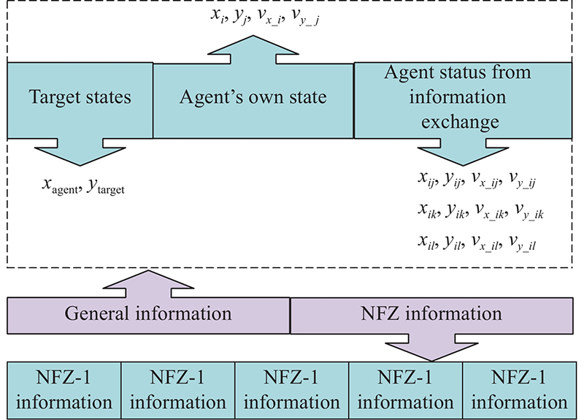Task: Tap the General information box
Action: tap(148, 314)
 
